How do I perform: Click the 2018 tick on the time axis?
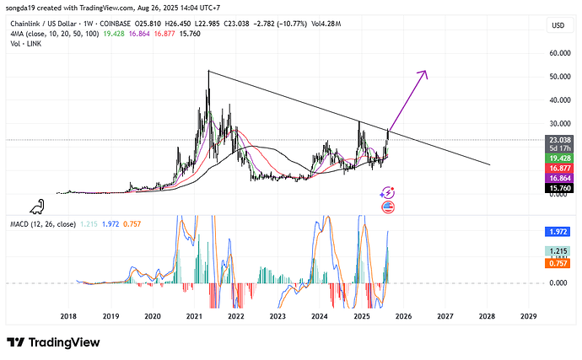pos(69,316)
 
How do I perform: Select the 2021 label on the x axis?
pos(194,316)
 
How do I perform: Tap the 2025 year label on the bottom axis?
pos(361,316)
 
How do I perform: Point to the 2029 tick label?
pos(528,316)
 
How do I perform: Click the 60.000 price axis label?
pos(557,53)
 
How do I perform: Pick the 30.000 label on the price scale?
pos(557,100)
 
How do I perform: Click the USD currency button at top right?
pos(558,25)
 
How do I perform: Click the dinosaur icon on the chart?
pos(37,206)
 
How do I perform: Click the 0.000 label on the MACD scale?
pos(557,283)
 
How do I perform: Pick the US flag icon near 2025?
pos(388,207)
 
